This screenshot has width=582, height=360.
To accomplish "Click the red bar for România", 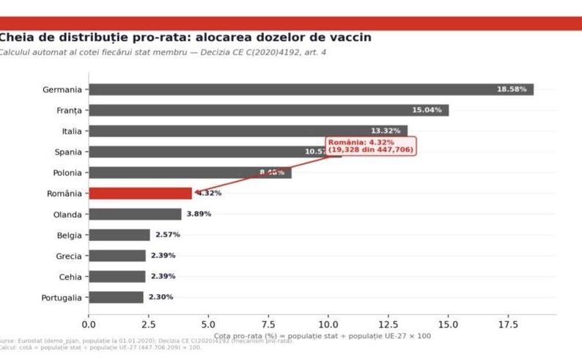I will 140,194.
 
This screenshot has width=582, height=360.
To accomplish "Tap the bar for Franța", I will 268,110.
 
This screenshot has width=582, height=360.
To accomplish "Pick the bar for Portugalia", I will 116,298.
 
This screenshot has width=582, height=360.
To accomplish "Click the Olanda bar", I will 135,214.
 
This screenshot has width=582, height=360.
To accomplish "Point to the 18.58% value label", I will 512,89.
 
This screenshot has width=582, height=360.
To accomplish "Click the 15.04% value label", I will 427,110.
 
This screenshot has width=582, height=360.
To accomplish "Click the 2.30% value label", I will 161,298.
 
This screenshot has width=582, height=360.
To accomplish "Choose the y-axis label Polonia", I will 65,173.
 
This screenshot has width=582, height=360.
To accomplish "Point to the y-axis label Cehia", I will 67,277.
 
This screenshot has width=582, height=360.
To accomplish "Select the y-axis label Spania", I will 66,152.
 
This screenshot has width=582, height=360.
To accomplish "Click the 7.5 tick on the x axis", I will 268,323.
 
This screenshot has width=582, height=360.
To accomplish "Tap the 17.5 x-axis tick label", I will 508,323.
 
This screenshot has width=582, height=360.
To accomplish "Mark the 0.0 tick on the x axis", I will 89,323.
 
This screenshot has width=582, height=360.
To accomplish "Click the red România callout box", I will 371,145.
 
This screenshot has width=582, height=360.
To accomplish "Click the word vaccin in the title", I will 347,37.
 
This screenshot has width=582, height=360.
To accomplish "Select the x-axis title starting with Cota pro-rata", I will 323,336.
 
